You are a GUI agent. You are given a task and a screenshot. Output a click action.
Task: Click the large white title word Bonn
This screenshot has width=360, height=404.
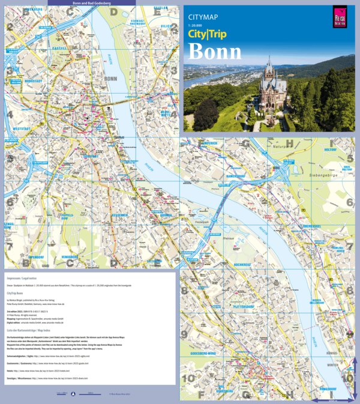(215, 52)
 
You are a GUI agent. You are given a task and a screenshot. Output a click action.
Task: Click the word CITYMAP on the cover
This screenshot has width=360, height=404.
(203, 17)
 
